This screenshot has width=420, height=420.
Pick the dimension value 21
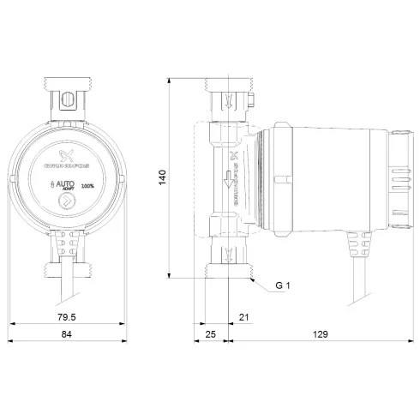tap(243, 317)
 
